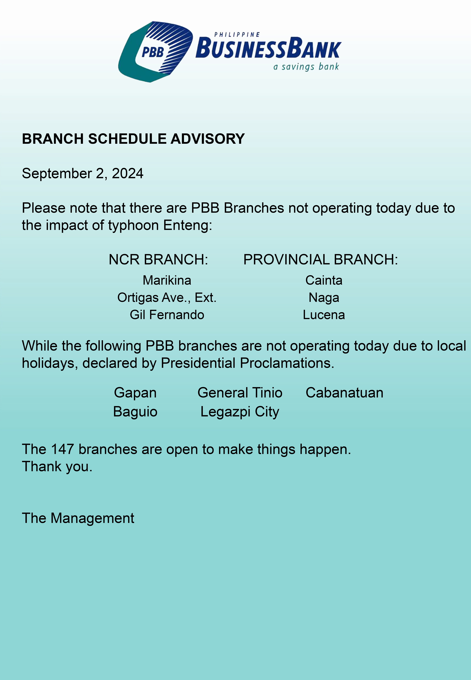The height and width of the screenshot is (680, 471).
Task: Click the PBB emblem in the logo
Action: click(155, 52)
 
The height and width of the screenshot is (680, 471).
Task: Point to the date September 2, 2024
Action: click(83, 173)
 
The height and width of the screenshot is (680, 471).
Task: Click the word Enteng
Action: click(188, 225)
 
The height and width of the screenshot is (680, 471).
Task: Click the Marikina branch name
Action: click(167, 280)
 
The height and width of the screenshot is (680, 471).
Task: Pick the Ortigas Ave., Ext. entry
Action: click(167, 297)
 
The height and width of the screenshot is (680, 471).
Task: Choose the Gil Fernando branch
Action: click(167, 315)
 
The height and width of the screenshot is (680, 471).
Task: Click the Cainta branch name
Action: click(324, 280)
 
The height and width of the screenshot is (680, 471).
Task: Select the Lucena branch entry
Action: click(324, 315)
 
